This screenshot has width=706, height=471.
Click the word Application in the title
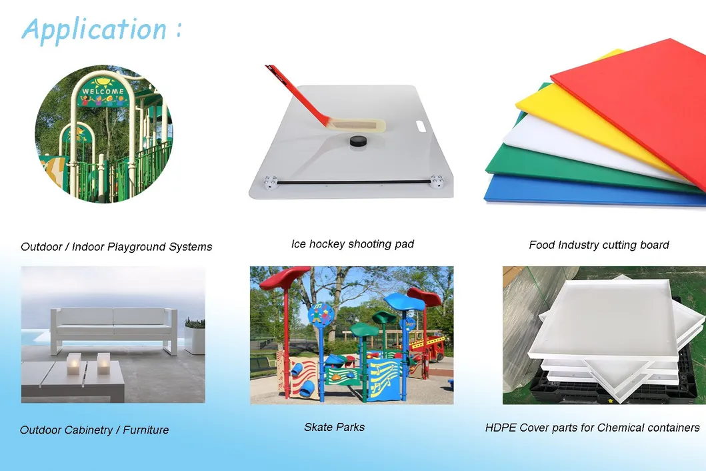(93, 29)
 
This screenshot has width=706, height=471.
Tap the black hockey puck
(360, 141)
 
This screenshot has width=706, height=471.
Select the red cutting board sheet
(640, 100)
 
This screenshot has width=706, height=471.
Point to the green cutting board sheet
(527, 163)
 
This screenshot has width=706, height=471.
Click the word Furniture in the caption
(146, 430)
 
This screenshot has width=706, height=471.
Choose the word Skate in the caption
(318, 427)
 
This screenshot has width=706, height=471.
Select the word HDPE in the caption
(501, 428)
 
